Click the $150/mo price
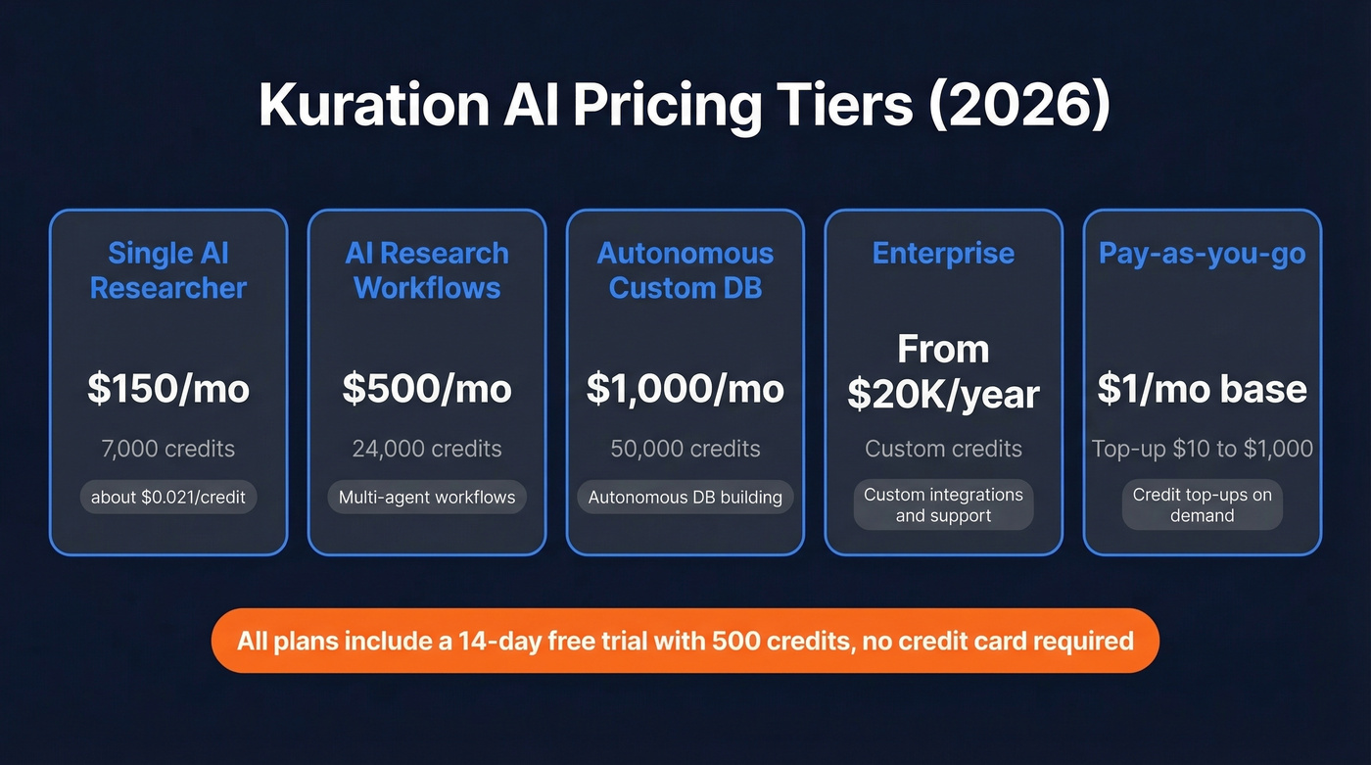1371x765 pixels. [168, 389]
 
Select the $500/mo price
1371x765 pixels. [427, 389]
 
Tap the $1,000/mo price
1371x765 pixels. [685, 389]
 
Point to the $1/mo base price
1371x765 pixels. [1202, 389]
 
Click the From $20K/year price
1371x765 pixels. [943, 372]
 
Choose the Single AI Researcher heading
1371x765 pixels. [168, 270]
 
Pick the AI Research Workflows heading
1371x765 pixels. [427, 270]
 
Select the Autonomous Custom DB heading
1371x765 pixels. [685, 270]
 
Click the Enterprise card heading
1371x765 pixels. [943, 254]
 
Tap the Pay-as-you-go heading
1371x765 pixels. [1202, 254]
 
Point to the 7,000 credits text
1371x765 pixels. [168, 449]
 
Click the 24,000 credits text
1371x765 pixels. [427, 449]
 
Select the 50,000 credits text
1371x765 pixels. [685, 449]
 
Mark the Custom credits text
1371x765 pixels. [943, 449]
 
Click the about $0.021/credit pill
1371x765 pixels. [168, 498]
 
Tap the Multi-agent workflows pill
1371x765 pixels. [427, 498]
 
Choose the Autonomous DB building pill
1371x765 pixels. [685, 498]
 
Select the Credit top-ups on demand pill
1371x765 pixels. [1202, 504]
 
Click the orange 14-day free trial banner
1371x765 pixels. [685, 642]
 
